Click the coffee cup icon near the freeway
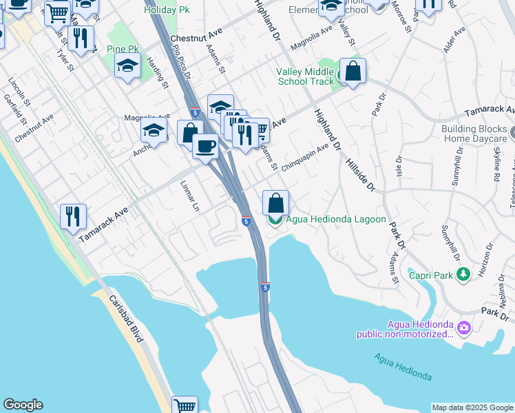click(x=205, y=146)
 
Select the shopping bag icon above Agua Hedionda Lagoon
click(x=275, y=202)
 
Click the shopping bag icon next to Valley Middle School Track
click(x=353, y=71)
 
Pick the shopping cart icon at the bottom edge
click(x=185, y=406)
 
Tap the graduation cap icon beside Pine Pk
click(x=128, y=65)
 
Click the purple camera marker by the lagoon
click(x=465, y=328)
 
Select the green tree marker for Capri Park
click(x=464, y=275)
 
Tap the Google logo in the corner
click(x=23, y=405)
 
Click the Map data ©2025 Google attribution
click(x=472, y=407)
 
